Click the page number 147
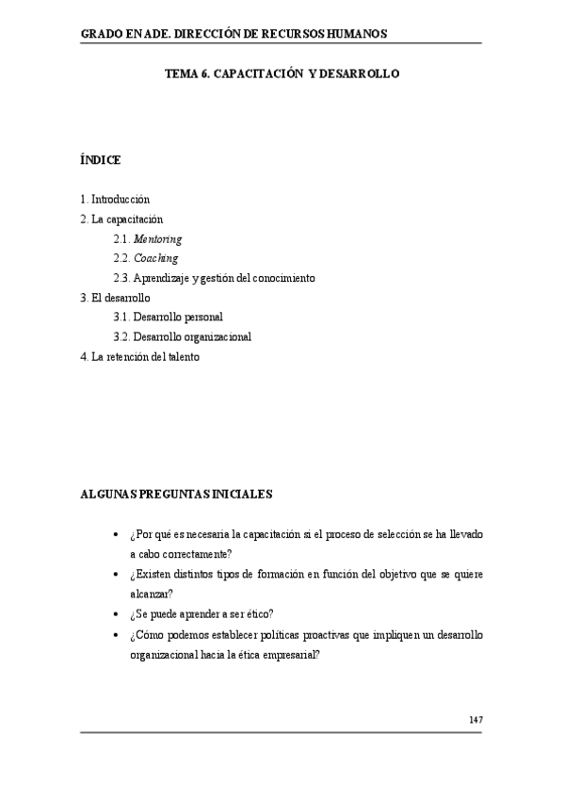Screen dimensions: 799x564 coord(475,720)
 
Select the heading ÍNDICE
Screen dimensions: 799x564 coord(101,160)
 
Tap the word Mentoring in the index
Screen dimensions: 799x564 coord(158,239)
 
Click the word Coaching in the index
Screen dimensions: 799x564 coord(156,258)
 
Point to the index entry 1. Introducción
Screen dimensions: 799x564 coord(116,200)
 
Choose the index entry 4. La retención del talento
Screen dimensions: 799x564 coord(140,357)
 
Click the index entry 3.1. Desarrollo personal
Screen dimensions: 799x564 coord(168,318)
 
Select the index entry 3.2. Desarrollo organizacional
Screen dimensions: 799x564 coord(182,337)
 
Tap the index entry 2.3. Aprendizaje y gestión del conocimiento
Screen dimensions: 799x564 coord(214,278)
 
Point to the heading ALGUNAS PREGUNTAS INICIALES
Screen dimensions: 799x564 coord(177,493)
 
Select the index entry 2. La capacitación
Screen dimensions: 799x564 coord(122,220)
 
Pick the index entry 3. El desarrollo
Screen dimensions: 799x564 coord(116,298)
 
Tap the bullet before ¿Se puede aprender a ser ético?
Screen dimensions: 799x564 coord(116,613)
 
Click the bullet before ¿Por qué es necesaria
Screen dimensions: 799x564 coord(116,534)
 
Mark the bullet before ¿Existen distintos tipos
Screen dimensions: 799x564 coord(116,574)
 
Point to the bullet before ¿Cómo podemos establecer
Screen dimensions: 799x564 coord(116,635)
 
